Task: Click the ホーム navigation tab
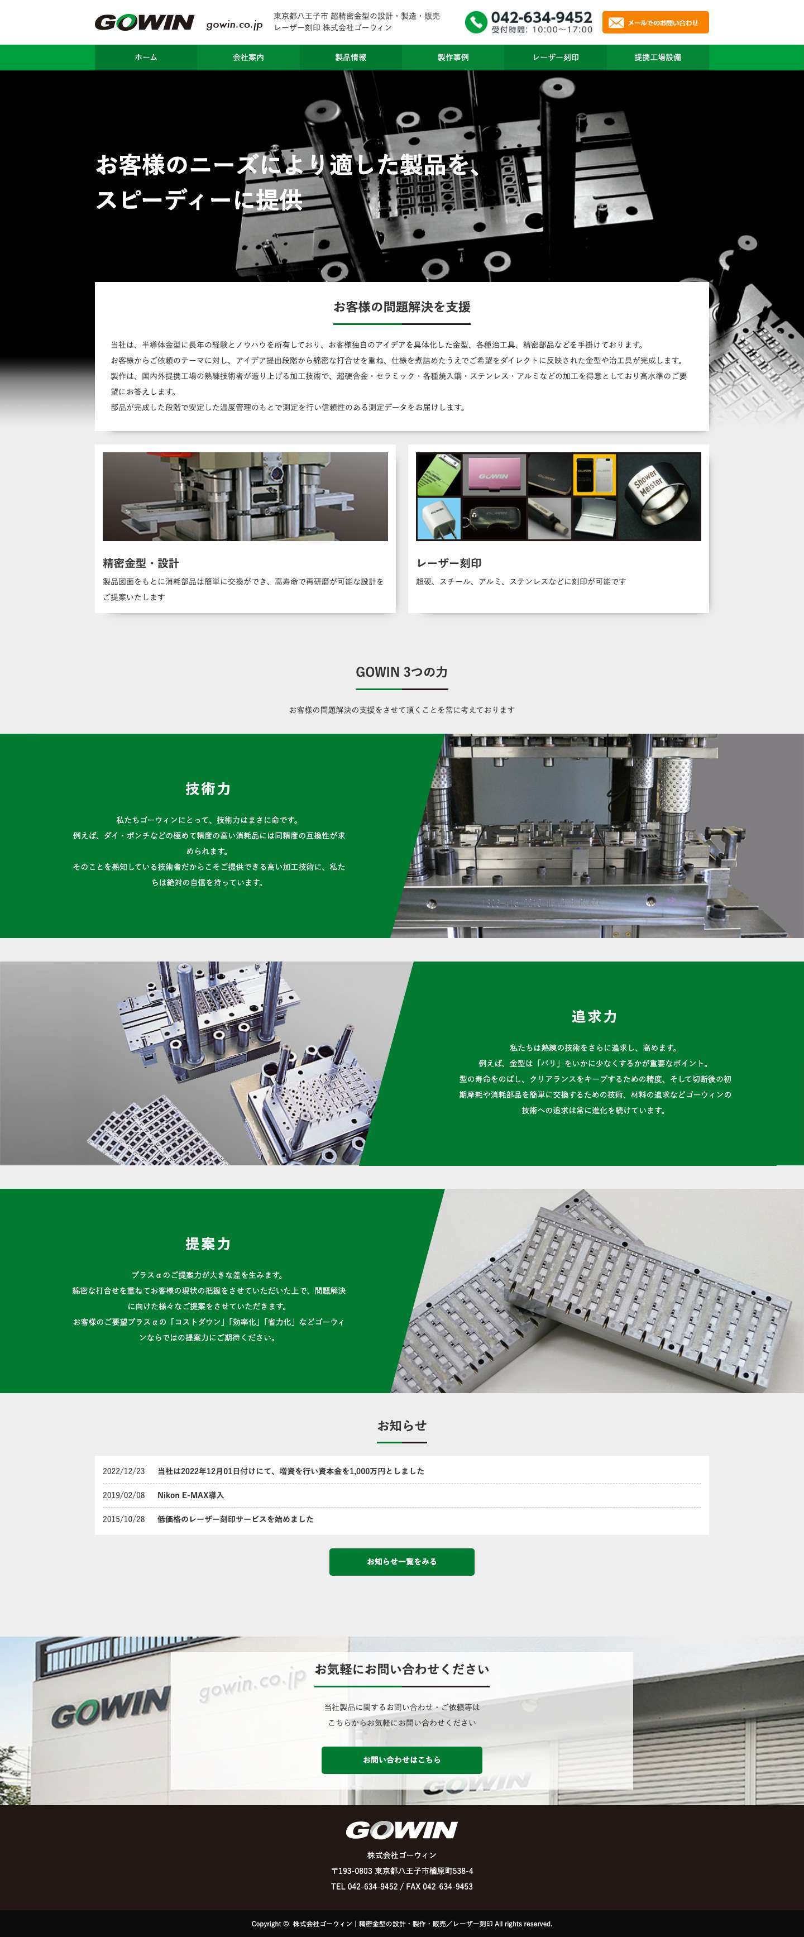click(x=146, y=57)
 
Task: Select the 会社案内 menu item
click(x=248, y=57)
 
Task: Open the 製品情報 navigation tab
click(x=351, y=57)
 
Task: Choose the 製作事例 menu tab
click(x=453, y=57)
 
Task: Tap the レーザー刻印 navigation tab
click(x=555, y=57)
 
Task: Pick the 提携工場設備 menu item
click(x=657, y=57)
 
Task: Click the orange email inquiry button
click(x=655, y=22)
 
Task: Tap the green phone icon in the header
click(x=475, y=22)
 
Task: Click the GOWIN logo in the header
click(x=145, y=22)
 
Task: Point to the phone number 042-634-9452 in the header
click(x=542, y=17)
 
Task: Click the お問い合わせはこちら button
click(x=401, y=1759)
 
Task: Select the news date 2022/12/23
click(x=124, y=1471)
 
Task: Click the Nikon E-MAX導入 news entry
click(x=190, y=1495)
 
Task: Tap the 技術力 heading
click(x=208, y=788)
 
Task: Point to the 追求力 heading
click(x=594, y=1016)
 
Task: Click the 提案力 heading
click(x=208, y=1243)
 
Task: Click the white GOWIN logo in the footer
click(x=401, y=1829)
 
